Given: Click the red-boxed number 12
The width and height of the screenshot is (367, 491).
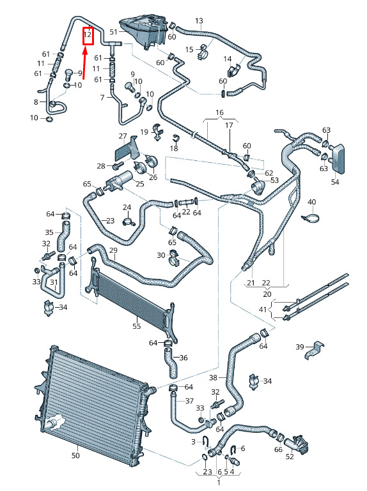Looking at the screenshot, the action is [88, 34].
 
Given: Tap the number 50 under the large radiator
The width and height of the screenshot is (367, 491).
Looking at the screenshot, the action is [75, 455].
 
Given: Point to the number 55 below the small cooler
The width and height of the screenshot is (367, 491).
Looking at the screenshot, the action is [136, 326].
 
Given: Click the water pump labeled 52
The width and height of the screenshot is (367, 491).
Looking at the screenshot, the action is [297, 444].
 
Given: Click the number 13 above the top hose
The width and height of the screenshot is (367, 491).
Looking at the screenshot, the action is [199, 21].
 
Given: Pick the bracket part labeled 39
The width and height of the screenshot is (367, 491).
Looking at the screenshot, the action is [315, 351].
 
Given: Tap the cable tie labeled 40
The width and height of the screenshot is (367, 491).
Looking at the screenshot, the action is [309, 217].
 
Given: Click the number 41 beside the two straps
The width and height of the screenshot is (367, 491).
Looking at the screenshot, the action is [263, 310].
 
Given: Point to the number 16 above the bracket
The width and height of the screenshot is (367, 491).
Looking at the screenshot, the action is [219, 112].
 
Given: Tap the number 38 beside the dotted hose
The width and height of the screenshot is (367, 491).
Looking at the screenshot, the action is [213, 377].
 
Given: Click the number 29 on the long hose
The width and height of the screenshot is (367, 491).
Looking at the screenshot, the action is [113, 250].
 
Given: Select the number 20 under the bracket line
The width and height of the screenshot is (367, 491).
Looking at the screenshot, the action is [267, 294].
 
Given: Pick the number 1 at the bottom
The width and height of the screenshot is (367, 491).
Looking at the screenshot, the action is [219, 483].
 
